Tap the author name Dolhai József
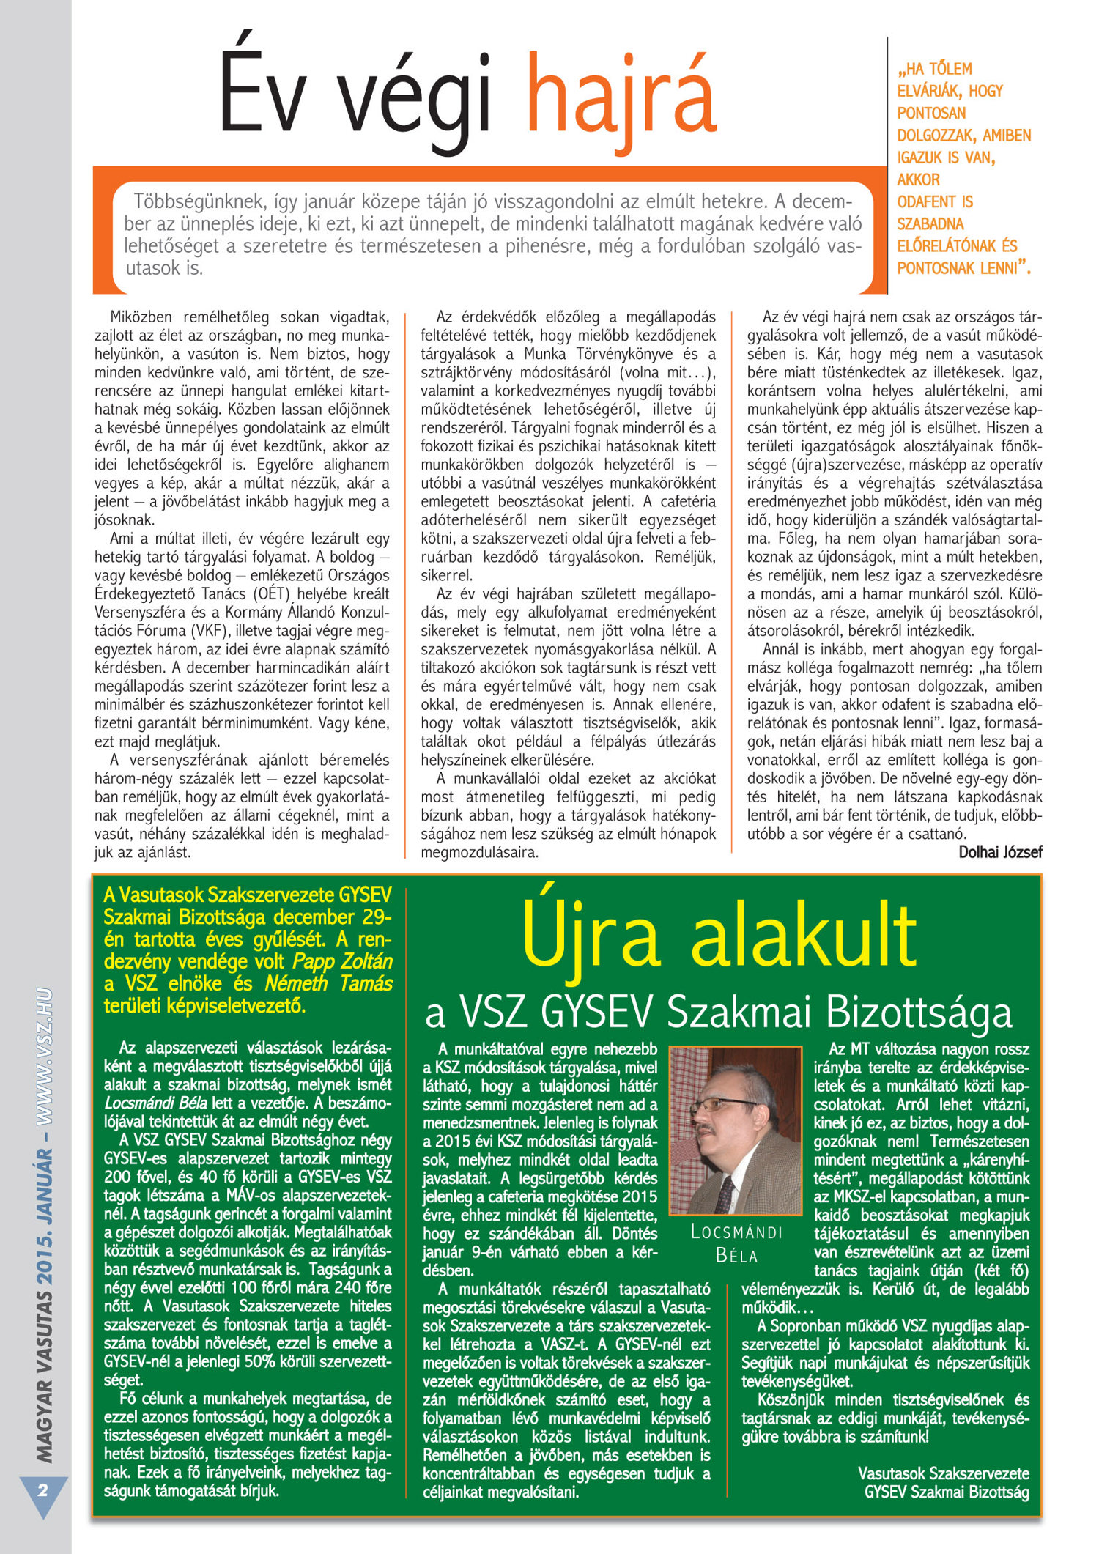point(1000,852)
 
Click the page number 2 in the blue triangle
point(42,1490)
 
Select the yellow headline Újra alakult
point(719,937)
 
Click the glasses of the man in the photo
point(725,1104)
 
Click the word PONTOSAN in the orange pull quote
point(931,114)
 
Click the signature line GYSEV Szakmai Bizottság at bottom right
point(947,1492)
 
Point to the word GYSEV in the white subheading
point(596,1012)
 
